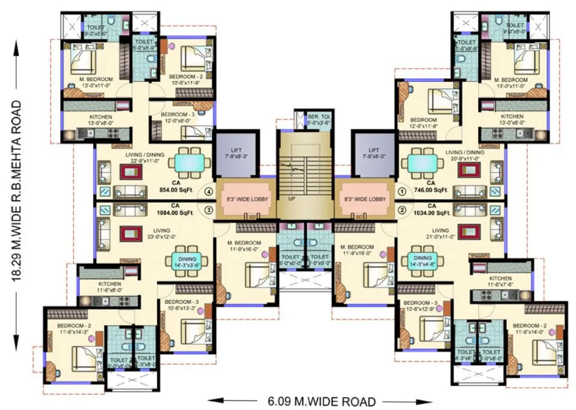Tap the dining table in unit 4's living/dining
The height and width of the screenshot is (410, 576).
190,162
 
